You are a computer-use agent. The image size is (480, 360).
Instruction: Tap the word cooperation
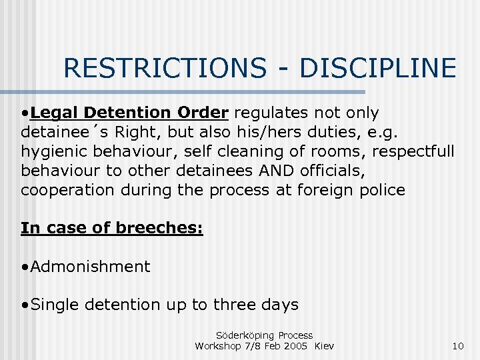68,190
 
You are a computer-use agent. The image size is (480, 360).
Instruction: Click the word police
381,190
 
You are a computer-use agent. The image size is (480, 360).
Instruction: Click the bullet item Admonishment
90,267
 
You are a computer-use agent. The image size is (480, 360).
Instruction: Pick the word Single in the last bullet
54,305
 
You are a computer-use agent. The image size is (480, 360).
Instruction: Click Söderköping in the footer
245,335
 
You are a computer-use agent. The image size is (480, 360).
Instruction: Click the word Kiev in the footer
324,346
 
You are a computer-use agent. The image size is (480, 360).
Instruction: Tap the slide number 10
457,346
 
